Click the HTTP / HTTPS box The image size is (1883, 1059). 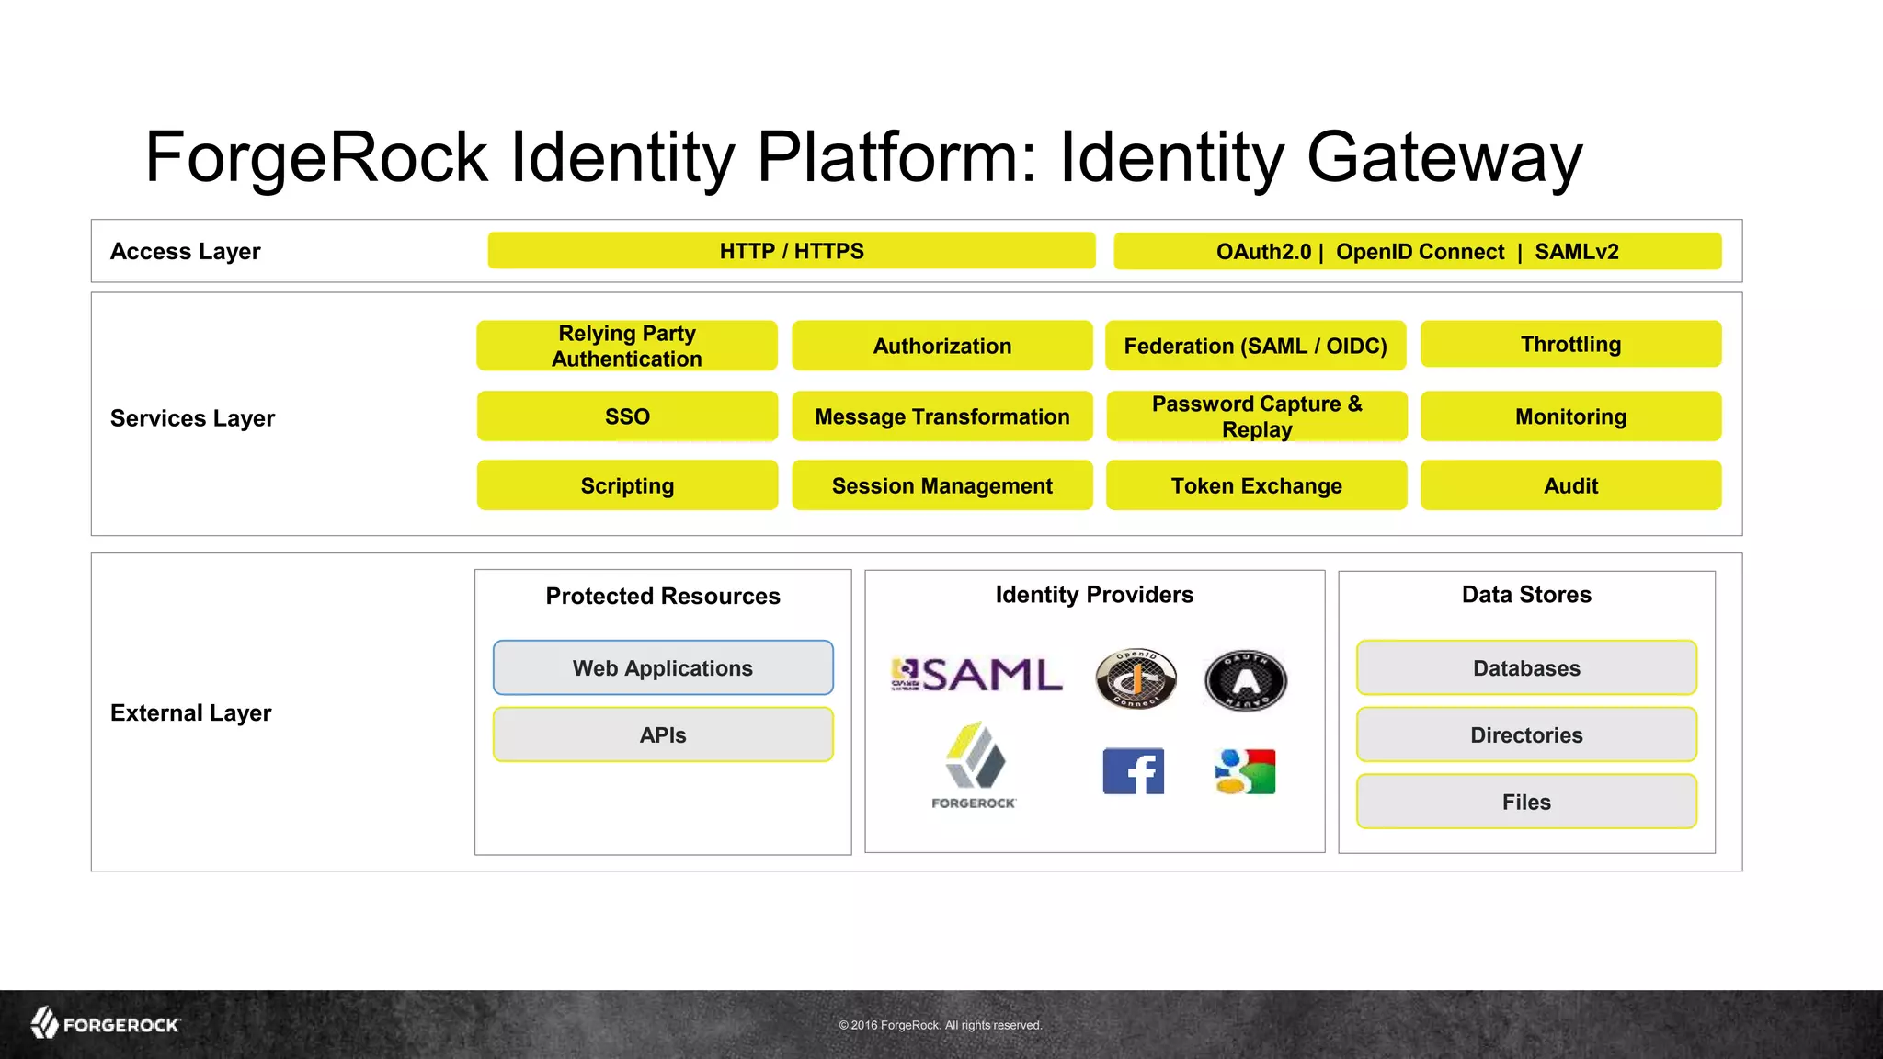tap(791, 251)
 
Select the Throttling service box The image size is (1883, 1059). tap(1570, 345)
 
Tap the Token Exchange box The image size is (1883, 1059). tap(1256, 485)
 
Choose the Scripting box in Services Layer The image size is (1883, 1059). tap(627, 485)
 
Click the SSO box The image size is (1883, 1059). tap(627, 416)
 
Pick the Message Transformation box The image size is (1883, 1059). tap(941, 416)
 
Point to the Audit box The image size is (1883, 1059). tap(1570, 485)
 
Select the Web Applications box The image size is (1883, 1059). tap(663, 668)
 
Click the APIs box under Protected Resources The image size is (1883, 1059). tap(663, 735)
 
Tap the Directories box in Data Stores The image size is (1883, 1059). tap(1526, 735)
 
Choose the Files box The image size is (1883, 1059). tap(1526, 802)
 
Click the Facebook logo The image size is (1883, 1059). tap(1133, 771)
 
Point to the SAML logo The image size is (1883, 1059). tap(976, 676)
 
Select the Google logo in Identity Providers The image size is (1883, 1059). tap(1245, 771)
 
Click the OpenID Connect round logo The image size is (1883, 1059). tap(1136, 679)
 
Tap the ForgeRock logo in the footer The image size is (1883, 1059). tap(105, 1024)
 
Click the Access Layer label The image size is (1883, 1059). tap(186, 252)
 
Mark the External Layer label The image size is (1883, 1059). tap(190, 713)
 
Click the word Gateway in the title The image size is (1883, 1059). tap(1444, 158)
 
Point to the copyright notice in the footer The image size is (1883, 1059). tap(940, 1025)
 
